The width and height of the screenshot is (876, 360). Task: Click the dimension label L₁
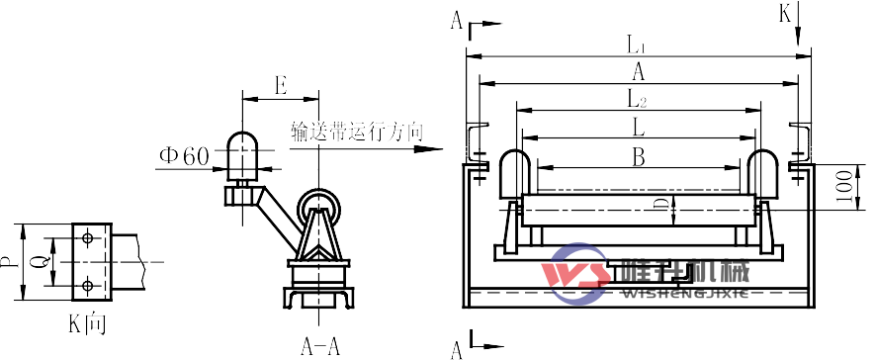point(636,45)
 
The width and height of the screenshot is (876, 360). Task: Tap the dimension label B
point(639,155)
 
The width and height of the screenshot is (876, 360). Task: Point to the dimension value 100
point(842,184)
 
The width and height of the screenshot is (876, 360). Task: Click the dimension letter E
point(281,86)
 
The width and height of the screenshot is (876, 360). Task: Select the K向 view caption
point(87,321)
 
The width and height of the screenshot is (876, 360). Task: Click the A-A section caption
point(320,346)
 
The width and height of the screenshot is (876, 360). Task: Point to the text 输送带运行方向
point(357,130)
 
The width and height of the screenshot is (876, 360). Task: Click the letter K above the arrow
point(785,13)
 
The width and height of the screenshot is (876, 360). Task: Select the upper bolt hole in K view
point(88,238)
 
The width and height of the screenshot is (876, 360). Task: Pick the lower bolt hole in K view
point(88,285)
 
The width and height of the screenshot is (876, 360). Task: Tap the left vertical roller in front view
point(512,174)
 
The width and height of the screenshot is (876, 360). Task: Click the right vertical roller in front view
point(763,174)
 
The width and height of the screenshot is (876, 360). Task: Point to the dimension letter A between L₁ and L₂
point(639,71)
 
